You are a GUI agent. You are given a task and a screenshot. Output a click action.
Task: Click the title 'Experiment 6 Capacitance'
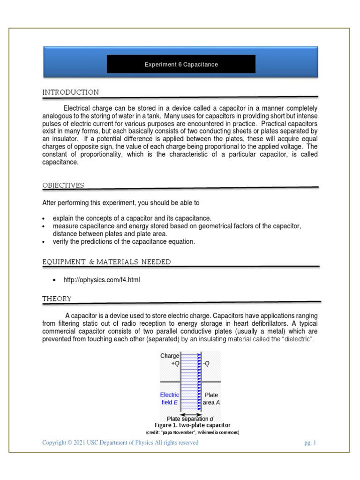(181, 65)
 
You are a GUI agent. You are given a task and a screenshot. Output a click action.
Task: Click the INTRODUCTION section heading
(70, 92)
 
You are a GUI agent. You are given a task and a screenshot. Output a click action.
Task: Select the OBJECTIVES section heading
(63, 185)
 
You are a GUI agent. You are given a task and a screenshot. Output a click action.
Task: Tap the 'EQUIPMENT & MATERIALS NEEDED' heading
(106, 262)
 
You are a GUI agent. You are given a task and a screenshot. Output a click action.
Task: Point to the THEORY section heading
(57, 299)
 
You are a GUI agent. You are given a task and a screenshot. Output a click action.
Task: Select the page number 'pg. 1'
(310, 442)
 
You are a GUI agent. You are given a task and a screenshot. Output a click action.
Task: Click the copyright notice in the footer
(120, 442)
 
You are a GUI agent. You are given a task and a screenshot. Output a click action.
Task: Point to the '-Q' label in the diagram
(206, 364)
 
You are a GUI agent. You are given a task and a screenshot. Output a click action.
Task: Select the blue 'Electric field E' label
(169, 398)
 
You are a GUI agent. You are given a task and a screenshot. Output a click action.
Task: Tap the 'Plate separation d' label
(191, 419)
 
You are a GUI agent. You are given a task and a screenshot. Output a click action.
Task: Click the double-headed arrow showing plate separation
(191, 414)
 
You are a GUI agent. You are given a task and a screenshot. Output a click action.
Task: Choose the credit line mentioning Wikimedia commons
(193, 432)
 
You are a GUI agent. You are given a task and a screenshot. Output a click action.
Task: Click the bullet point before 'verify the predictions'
(44, 242)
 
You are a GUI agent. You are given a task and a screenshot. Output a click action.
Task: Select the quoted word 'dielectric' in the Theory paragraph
(298, 339)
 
